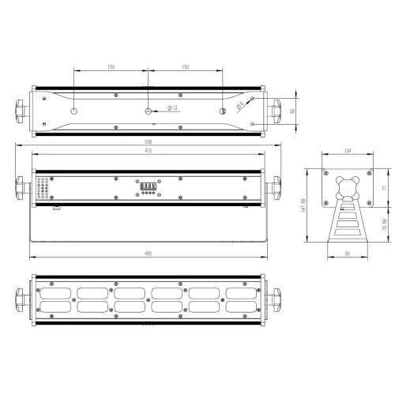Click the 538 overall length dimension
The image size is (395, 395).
147,142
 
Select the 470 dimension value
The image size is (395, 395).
147,150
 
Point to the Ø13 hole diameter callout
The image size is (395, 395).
173,108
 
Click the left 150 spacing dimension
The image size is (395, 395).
111,68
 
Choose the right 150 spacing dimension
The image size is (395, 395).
185,68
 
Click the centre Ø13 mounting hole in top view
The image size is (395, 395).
148,110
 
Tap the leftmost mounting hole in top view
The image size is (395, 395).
73,110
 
